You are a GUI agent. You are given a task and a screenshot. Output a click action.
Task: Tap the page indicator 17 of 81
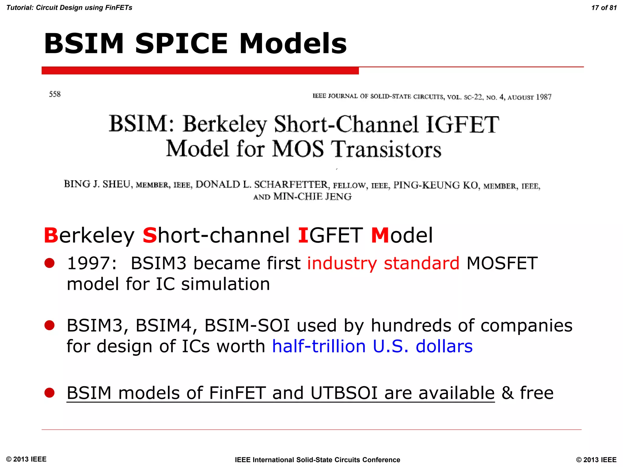(604, 8)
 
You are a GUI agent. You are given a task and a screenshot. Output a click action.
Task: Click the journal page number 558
(55, 94)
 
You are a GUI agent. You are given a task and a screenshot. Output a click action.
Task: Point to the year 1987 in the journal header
(543, 97)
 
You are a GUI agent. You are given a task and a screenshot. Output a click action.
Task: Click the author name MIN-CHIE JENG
(312, 197)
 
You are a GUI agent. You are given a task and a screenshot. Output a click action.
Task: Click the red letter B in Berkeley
(51, 235)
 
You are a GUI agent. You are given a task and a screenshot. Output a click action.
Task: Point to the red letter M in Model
(380, 235)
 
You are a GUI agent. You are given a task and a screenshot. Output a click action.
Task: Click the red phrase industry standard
(383, 263)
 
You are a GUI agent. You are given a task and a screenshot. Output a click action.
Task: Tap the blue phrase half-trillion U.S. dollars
(372, 346)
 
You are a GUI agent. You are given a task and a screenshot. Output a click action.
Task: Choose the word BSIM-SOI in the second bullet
(247, 325)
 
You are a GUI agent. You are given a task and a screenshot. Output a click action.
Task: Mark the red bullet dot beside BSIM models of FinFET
(49, 393)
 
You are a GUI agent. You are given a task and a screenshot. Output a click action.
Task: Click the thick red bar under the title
(200, 71)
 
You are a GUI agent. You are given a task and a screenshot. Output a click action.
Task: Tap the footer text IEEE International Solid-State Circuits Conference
(317, 460)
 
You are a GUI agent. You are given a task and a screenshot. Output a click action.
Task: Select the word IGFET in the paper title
(462, 125)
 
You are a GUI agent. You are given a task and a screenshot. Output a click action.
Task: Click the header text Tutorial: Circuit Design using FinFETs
(69, 8)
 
